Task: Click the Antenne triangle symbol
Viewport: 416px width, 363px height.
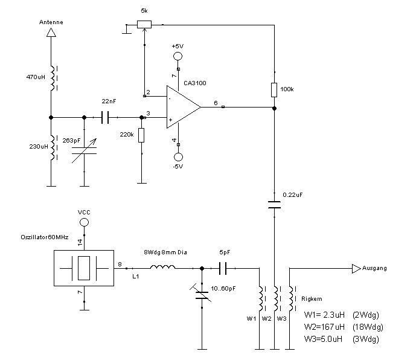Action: (x=51, y=34)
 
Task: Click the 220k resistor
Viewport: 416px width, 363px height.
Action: (x=141, y=135)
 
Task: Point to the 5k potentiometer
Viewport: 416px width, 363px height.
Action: (x=144, y=24)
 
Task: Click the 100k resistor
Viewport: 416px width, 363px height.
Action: (x=275, y=90)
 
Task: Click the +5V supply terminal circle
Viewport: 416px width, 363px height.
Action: (x=178, y=57)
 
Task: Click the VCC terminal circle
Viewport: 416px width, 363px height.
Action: (x=85, y=223)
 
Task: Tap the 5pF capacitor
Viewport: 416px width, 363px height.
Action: (x=222, y=267)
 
